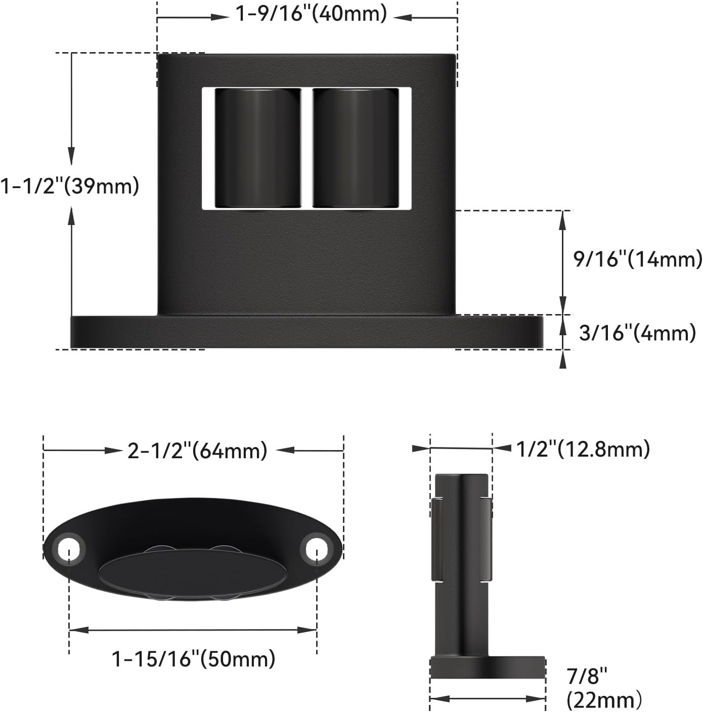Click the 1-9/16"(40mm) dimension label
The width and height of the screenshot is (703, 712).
click(x=311, y=14)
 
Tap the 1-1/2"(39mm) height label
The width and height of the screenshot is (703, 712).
click(x=69, y=186)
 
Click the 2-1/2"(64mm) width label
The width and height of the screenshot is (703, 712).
click(x=197, y=451)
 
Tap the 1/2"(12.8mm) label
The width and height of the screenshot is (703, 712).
click(x=583, y=449)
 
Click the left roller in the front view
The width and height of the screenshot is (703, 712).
click(x=258, y=148)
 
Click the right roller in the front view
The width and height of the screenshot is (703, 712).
click(x=356, y=148)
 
